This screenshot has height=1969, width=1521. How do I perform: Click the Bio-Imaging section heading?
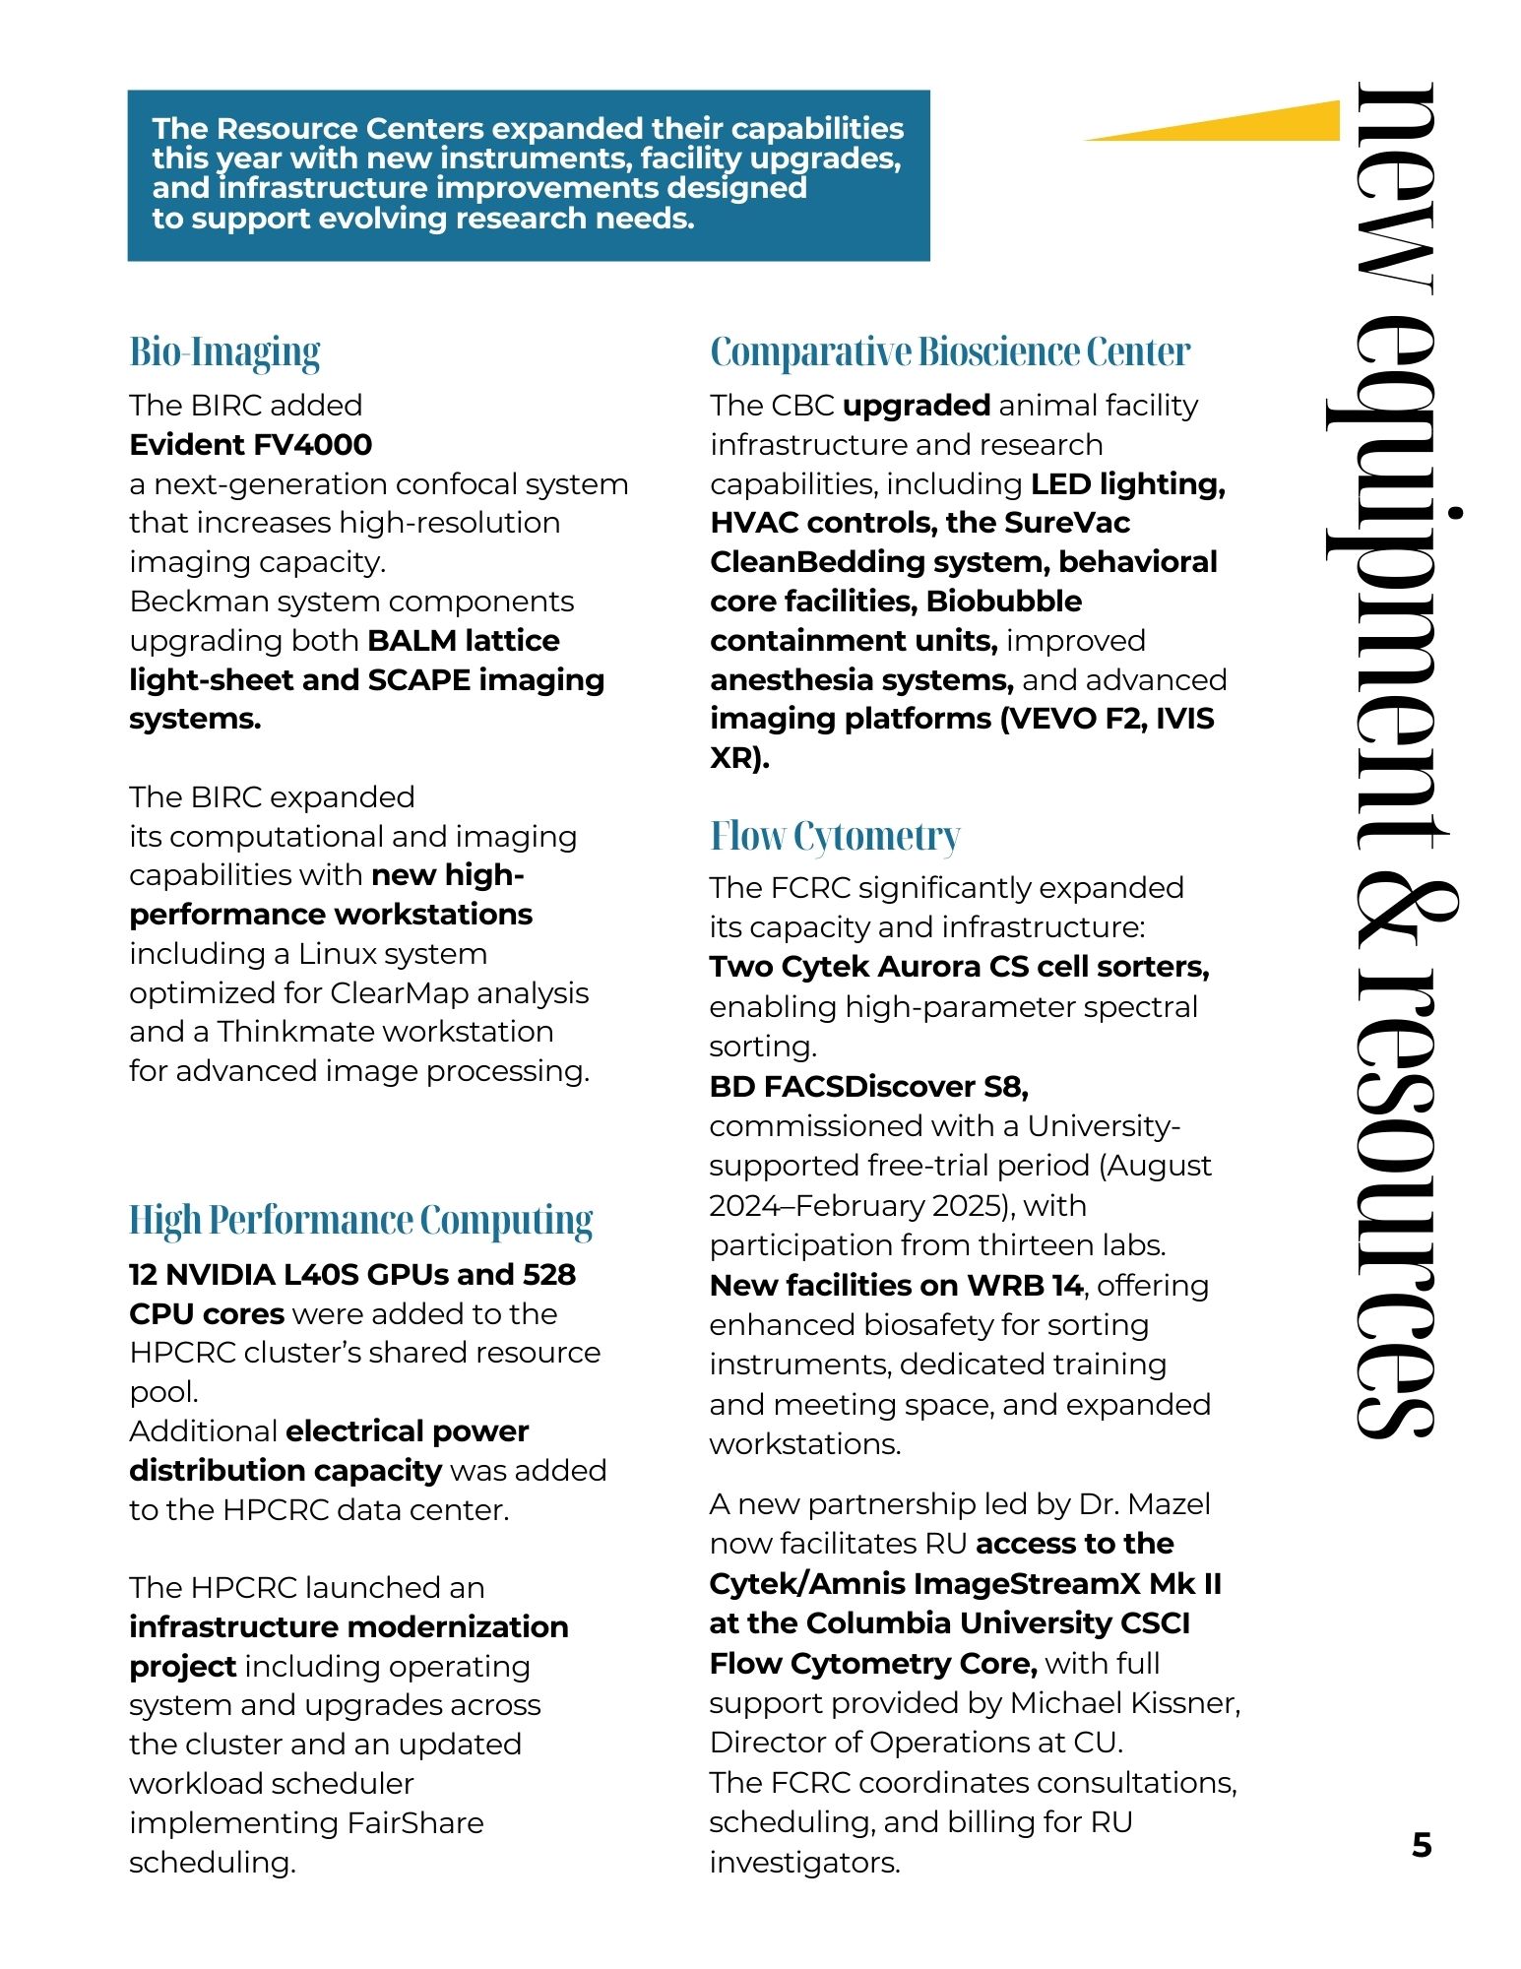[x=224, y=352]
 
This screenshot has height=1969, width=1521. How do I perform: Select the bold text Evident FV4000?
[x=250, y=445]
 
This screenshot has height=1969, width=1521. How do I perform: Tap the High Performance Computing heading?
[x=360, y=1221]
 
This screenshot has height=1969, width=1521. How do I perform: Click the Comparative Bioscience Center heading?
[x=949, y=352]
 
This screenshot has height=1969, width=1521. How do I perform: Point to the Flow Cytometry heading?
[x=834, y=837]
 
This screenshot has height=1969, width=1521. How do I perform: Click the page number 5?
[x=1421, y=1845]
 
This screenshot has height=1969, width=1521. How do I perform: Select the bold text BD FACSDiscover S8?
[x=868, y=1087]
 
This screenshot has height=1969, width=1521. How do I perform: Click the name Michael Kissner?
[x=1124, y=1703]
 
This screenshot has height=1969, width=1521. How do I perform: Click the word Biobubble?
[x=1003, y=602]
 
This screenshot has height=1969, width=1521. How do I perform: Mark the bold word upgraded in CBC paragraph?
[x=916, y=406]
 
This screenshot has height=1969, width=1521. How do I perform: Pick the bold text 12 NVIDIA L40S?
[x=266, y=1275]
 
